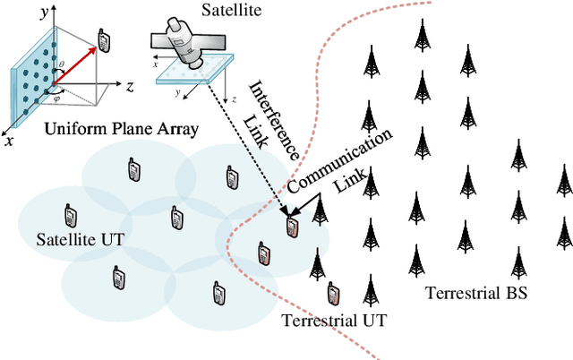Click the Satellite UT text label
76,240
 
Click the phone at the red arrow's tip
104,40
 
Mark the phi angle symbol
58,99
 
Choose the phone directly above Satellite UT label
69,216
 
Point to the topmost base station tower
421,33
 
